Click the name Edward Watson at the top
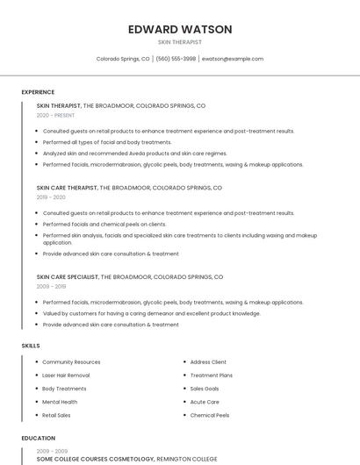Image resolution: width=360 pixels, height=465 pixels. click(x=180, y=29)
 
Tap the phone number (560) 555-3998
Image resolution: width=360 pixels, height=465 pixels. click(x=176, y=59)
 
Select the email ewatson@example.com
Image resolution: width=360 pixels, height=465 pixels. click(x=233, y=59)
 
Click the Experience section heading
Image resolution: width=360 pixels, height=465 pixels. click(x=38, y=92)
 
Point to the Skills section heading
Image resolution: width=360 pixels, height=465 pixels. click(x=31, y=346)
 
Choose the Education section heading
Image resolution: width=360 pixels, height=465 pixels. click(x=39, y=438)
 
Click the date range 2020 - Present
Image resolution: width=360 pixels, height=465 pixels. click(x=55, y=115)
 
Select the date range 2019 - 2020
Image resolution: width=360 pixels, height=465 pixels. click(x=51, y=197)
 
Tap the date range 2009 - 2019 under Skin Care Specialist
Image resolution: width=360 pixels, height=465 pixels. click(x=51, y=286)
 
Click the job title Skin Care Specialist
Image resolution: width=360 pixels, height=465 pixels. click(x=68, y=276)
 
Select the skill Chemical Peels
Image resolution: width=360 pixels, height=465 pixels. click(x=210, y=415)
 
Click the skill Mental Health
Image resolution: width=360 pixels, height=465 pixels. click(x=60, y=402)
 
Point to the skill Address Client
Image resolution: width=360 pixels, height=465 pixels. click(x=208, y=362)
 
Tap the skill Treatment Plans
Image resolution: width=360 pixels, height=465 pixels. click(x=211, y=376)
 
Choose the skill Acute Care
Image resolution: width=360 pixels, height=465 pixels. click(x=205, y=402)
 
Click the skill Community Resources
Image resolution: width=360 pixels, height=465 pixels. click(x=71, y=362)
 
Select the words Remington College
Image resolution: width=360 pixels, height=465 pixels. click(x=188, y=459)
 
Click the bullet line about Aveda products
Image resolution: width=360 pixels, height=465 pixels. click(x=134, y=154)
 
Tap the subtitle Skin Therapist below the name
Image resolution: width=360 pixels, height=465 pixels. click(x=180, y=41)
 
